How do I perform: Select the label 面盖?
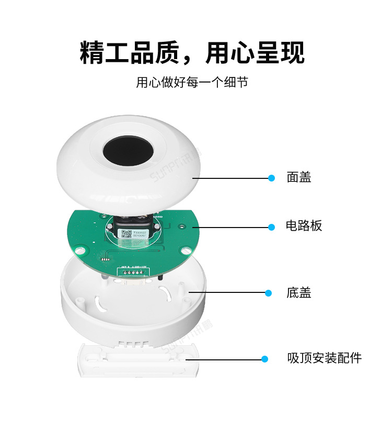[x=298, y=178]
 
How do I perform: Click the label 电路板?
[x=304, y=226]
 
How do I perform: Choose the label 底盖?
[x=298, y=293]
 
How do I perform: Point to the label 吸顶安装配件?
[x=324, y=359]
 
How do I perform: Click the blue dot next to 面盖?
[x=271, y=178]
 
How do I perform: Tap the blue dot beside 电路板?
[x=271, y=227]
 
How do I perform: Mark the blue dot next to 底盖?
[x=269, y=293]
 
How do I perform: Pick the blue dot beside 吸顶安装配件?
[x=264, y=359]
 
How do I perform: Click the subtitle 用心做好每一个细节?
[x=192, y=83]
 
